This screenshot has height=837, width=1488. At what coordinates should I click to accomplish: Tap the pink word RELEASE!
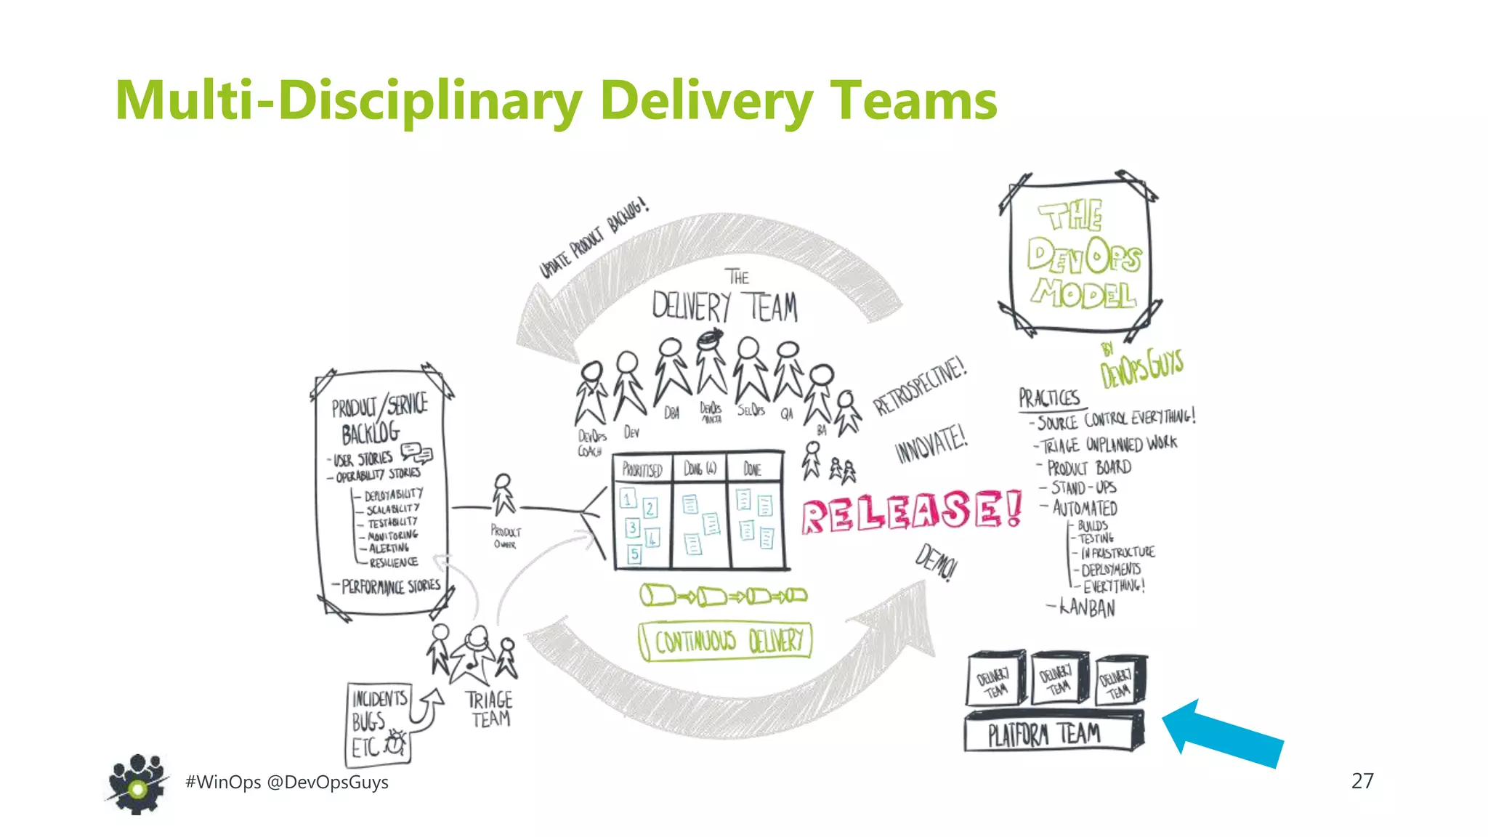pyautogui.click(x=912, y=511)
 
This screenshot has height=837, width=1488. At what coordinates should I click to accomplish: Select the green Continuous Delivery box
pyautogui.click(x=725, y=641)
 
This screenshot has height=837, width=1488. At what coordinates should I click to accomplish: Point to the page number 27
pyautogui.click(x=1362, y=781)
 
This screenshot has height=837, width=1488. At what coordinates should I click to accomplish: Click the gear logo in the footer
pyautogui.click(x=137, y=784)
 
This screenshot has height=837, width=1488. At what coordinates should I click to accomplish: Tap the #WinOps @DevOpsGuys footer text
pyautogui.click(x=287, y=783)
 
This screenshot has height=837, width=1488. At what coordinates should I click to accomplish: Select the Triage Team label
pyautogui.click(x=489, y=709)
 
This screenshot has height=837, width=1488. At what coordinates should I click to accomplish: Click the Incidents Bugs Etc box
pyautogui.click(x=378, y=724)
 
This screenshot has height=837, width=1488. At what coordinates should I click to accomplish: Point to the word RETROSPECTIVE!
pyautogui.click(x=920, y=386)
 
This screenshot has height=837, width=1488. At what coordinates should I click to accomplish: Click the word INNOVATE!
pyautogui.click(x=931, y=443)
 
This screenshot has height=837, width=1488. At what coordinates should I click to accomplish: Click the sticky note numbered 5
pyautogui.click(x=634, y=554)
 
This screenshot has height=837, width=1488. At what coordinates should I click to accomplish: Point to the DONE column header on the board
pyautogui.click(x=753, y=469)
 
